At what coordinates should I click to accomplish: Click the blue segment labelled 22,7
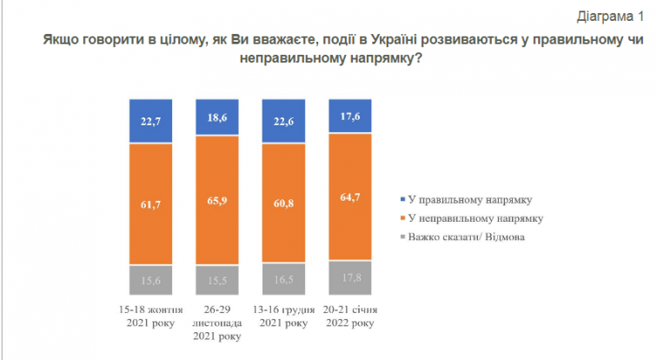click(152, 121)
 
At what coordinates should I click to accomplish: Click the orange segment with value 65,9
click(218, 199)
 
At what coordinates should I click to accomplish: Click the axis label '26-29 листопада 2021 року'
click(218, 323)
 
